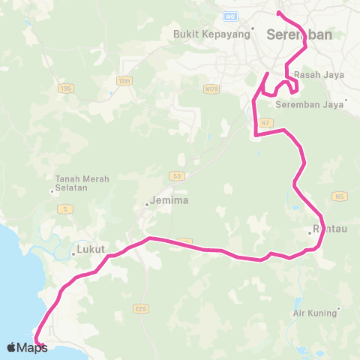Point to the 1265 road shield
124,80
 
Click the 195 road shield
66,88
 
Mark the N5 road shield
340,196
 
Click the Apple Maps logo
28,347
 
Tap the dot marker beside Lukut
73,254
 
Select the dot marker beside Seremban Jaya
346,99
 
